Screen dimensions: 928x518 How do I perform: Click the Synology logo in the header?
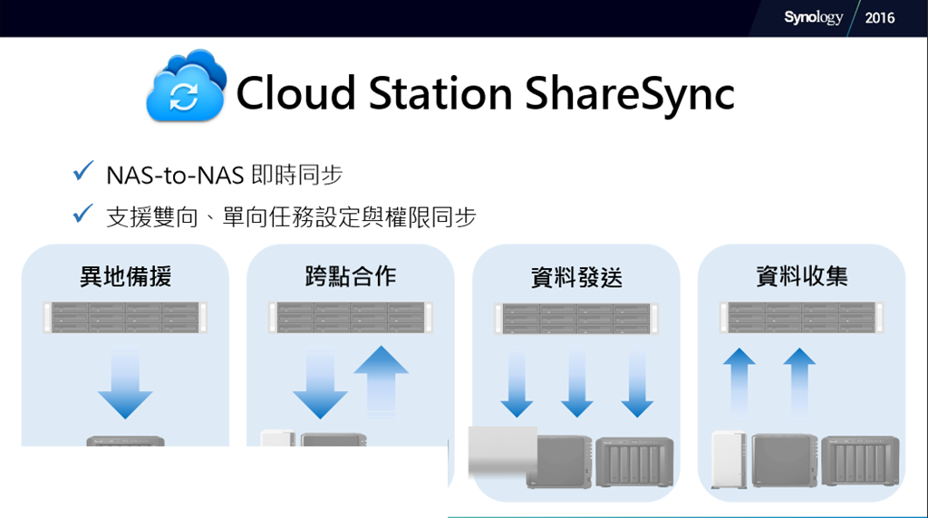click(x=813, y=18)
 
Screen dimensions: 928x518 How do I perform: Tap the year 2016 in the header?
click(x=879, y=18)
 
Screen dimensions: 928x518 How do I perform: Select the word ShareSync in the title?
click(x=630, y=93)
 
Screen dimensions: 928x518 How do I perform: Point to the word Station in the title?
click(x=440, y=93)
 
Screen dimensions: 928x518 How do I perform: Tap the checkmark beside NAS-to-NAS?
click(x=82, y=171)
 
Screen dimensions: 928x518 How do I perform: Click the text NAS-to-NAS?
click(x=175, y=176)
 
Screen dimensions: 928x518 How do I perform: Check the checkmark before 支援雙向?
click(x=82, y=214)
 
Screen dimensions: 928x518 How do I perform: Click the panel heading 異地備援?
click(x=125, y=276)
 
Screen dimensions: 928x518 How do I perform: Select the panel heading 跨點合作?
click(x=351, y=276)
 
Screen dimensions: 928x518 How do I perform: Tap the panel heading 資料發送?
click(x=576, y=277)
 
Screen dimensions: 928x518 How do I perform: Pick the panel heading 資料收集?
click(x=802, y=276)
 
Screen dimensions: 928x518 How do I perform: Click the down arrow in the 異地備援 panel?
click(x=125, y=383)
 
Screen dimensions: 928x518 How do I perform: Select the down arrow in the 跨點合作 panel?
click(x=320, y=384)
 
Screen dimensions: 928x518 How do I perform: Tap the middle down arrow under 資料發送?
click(x=577, y=383)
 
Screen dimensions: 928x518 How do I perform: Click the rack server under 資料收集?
click(x=802, y=318)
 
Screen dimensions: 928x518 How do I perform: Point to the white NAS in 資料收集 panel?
click(x=730, y=460)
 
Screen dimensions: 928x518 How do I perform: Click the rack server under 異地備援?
click(x=125, y=318)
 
